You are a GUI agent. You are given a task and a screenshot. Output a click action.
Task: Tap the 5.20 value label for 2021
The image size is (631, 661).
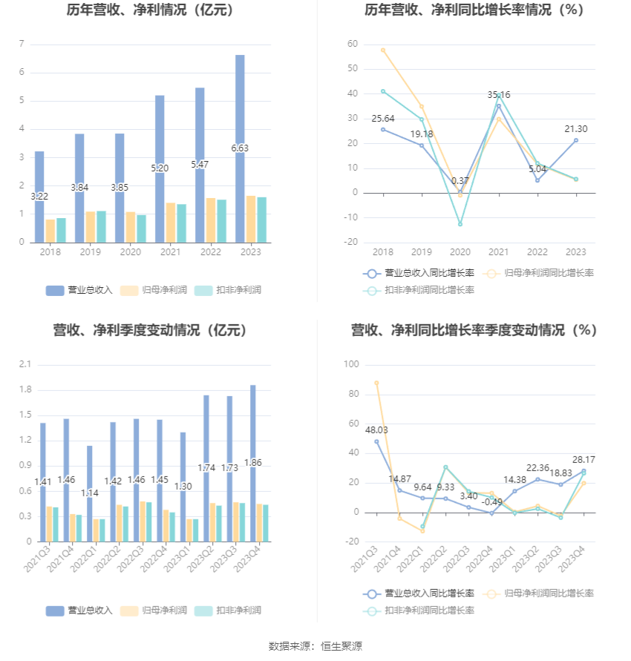(160, 168)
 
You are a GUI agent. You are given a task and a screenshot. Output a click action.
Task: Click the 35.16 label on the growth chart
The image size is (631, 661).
(499, 95)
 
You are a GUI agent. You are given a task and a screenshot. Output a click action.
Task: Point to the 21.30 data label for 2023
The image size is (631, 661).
(575, 128)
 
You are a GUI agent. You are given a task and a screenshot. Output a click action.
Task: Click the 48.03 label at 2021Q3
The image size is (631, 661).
(376, 430)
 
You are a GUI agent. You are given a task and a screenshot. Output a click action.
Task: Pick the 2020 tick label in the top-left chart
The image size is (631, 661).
(130, 252)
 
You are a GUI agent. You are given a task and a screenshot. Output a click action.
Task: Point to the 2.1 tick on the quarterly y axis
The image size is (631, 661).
(25, 364)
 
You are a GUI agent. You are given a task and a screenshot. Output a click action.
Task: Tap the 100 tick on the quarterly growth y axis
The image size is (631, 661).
(351, 364)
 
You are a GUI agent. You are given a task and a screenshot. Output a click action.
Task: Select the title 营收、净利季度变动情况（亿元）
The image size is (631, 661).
(150, 331)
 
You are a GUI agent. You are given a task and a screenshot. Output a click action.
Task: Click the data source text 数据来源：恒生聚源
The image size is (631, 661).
(315, 646)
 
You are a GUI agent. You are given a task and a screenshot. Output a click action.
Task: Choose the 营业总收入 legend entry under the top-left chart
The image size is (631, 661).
(79, 290)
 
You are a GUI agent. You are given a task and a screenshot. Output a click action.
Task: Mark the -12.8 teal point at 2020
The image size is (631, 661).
(460, 224)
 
